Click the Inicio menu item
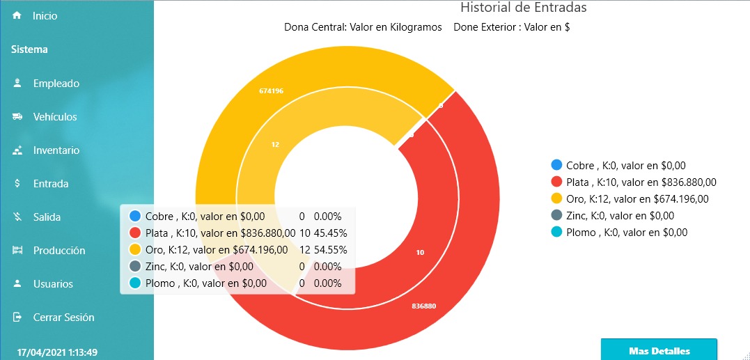click(x=45, y=15)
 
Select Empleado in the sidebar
click(x=56, y=84)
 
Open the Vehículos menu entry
click(x=55, y=117)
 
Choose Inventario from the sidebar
click(x=56, y=150)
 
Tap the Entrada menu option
click(x=50, y=184)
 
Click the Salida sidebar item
click(x=47, y=217)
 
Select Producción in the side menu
click(x=58, y=251)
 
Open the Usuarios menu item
click(x=53, y=284)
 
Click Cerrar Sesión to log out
click(x=63, y=318)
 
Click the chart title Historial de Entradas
click(x=523, y=8)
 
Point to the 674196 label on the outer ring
click(x=271, y=91)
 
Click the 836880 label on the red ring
click(x=424, y=306)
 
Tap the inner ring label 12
click(x=275, y=145)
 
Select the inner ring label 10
click(x=420, y=253)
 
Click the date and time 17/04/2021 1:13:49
click(x=57, y=352)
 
